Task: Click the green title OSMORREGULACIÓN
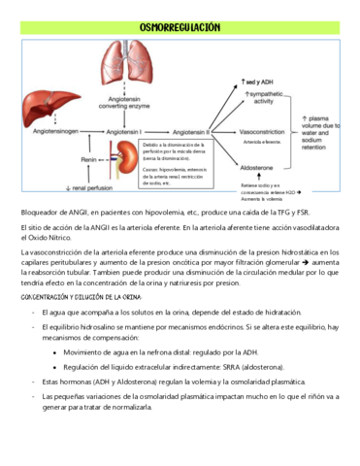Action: (180, 28)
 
